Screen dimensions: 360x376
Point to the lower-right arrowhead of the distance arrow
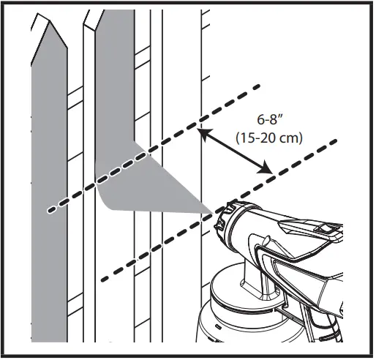(270, 171)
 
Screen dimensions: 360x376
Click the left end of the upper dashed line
(50, 211)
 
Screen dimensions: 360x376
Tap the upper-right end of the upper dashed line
(257, 88)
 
